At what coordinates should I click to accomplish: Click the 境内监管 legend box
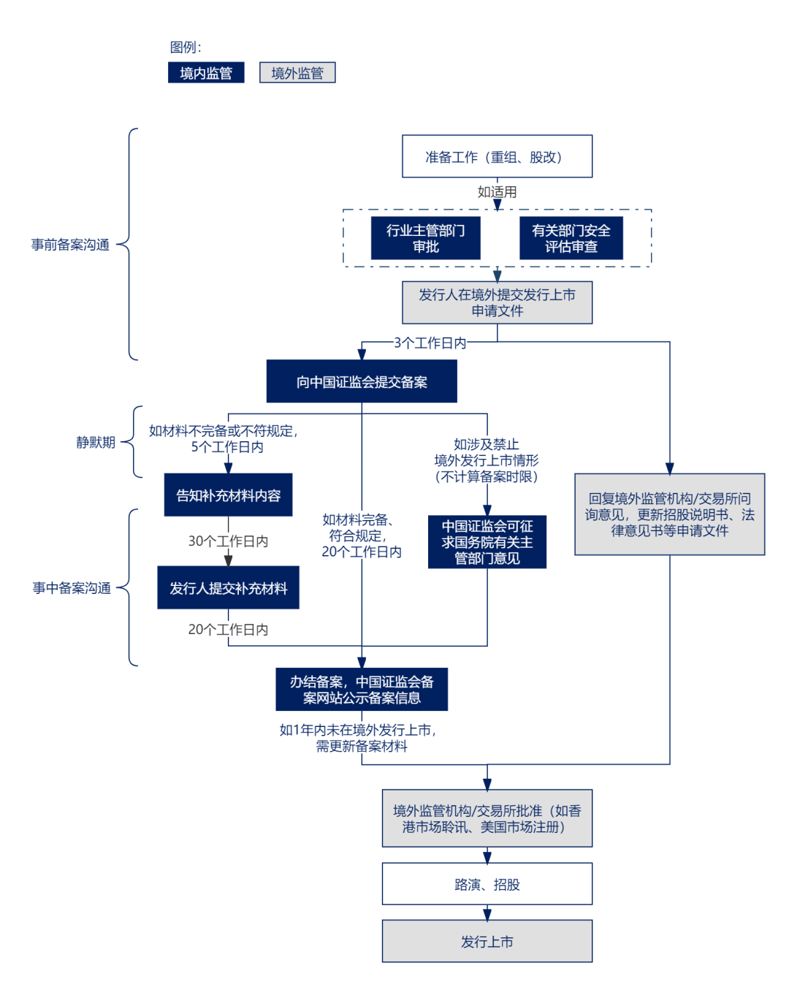(x=206, y=73)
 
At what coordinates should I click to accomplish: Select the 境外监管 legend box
(x=297, y=73)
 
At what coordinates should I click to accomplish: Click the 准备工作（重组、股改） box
(x=497, y=156)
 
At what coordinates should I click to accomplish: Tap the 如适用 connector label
(x=498, y=191)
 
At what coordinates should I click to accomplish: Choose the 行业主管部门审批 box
(x=425, y=238)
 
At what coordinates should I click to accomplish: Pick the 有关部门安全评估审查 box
(x=571, y=238)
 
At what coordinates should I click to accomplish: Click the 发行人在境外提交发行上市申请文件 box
(x=497, y=302)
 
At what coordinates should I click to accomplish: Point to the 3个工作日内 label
(x=430, y=343)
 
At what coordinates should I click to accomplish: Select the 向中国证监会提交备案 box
(x=362, y=382)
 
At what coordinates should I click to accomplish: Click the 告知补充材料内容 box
(x=228, y=495)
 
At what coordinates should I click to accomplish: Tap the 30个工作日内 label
(x=228, y=541)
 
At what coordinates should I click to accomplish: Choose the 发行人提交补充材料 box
(x=228, y=588)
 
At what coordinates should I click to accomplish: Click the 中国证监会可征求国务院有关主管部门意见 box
(x=487, y=542)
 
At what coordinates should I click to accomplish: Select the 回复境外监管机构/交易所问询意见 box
(x=669, y=514)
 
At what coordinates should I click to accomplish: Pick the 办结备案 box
(x=362, y=690)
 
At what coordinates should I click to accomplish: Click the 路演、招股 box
(x=487, y=885)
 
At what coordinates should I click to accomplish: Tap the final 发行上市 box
(x=487, y=942)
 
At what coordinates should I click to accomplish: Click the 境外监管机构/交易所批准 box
(x=487, y=818)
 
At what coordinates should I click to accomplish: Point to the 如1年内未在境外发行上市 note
(x=362, y=738)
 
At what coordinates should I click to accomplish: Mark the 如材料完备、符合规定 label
(x=362, y=536)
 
